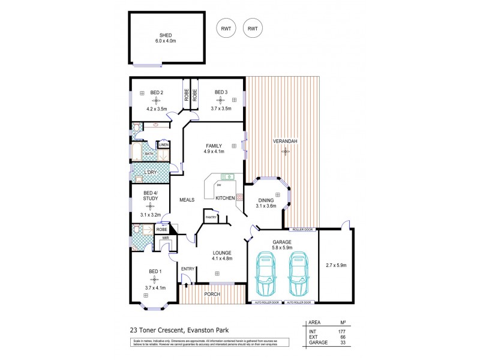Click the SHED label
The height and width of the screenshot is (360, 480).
pos(157,35)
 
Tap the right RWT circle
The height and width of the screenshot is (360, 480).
pos(253,28)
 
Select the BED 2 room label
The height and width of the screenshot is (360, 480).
pos(157,92)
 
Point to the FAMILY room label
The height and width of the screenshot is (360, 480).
pos(214,145)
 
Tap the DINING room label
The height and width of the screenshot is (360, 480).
pos(266,200)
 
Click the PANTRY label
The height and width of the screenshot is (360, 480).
pos(211,217)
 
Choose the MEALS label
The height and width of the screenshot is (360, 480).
pos(186,200)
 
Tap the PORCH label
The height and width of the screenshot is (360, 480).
pos(212,294)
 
